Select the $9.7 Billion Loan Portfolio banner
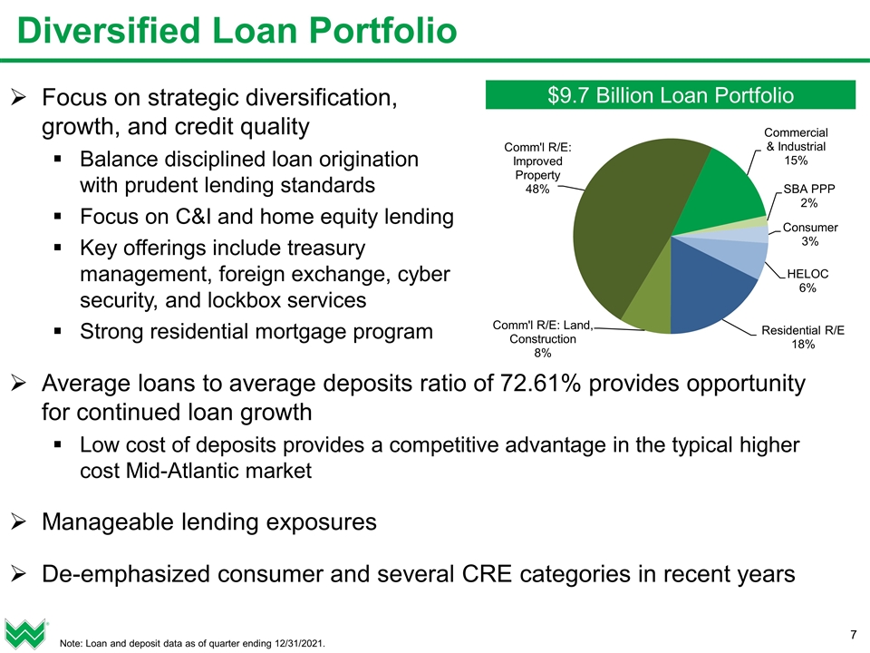[x=671, y=95]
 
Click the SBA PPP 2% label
[x=809, y=196]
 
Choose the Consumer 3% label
[x=809, y=234]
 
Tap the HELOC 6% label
[x=807, y=280]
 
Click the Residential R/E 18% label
[x=803, y=337]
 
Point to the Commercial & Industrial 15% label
[x=796, y=146]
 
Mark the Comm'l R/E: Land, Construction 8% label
[x=541, y=338]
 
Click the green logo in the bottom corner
[x=24, y=632]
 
